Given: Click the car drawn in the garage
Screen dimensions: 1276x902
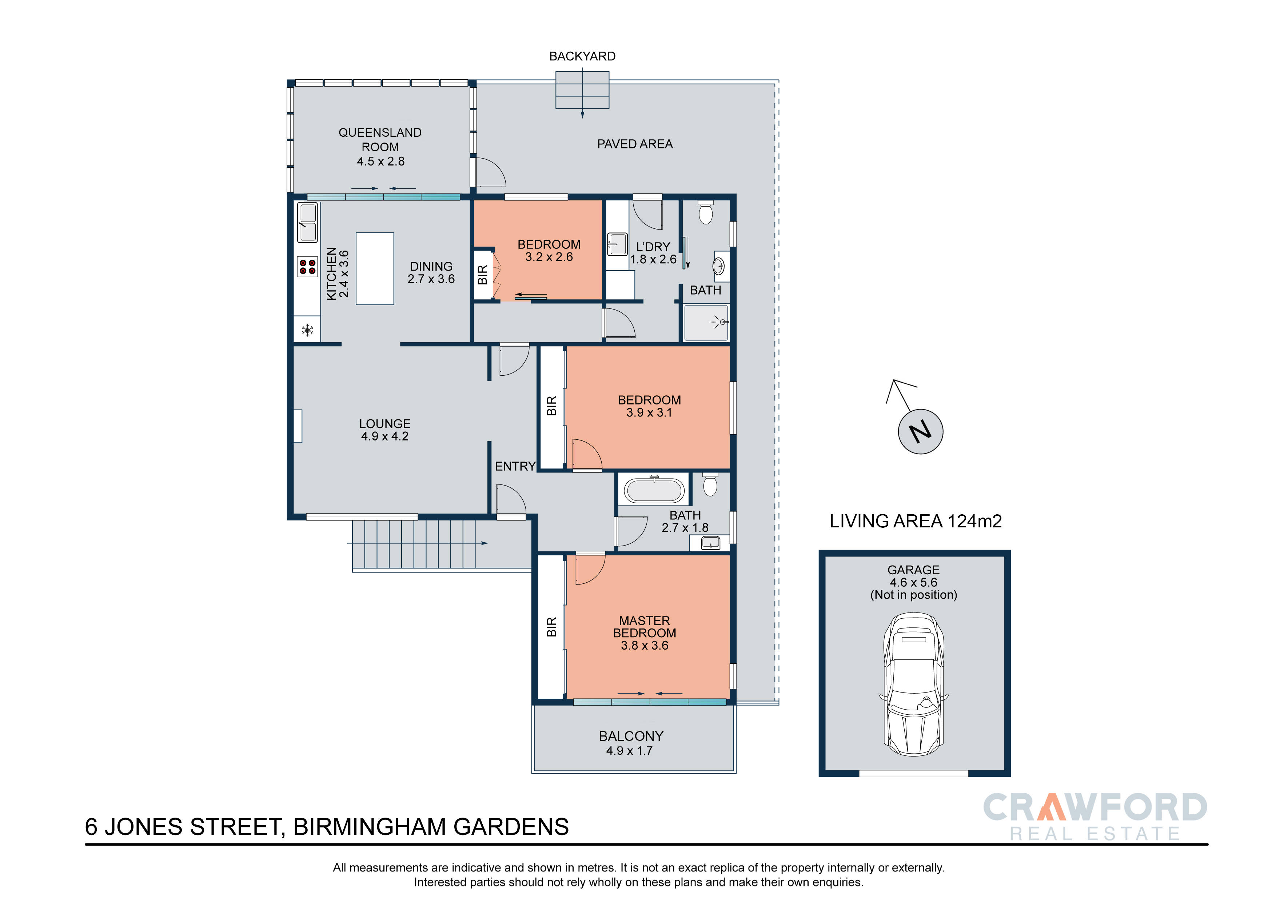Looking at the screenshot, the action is click(914, 684).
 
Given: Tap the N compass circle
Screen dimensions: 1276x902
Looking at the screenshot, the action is click(920, 431).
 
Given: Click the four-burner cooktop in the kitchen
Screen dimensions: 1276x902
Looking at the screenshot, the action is click(307, 267).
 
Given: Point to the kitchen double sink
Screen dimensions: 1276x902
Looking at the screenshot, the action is click(307, 222).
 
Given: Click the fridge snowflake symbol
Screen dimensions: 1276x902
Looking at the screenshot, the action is click(307, 331).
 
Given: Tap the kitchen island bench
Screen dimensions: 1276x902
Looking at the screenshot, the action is click(375, 268).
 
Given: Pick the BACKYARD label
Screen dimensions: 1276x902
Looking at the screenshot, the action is click(582, 56).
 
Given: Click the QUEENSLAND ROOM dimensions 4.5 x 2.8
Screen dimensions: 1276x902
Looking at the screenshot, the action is click(381, 161).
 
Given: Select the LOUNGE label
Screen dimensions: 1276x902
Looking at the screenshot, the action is click(384, 423).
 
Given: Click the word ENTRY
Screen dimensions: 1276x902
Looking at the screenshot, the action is click(515, 466).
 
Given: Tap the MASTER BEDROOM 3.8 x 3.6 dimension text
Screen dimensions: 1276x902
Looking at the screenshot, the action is click(645, 645).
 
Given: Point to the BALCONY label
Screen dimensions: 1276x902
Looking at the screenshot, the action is click(631, 736).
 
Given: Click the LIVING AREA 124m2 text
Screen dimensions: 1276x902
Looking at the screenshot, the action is click(915, 521).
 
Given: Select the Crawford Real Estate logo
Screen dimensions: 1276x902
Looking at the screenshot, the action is click(1095, 816).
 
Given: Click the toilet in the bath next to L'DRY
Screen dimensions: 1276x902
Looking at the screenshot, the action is click(705, 212).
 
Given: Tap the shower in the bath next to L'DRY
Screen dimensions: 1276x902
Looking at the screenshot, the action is click(706, 322).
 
